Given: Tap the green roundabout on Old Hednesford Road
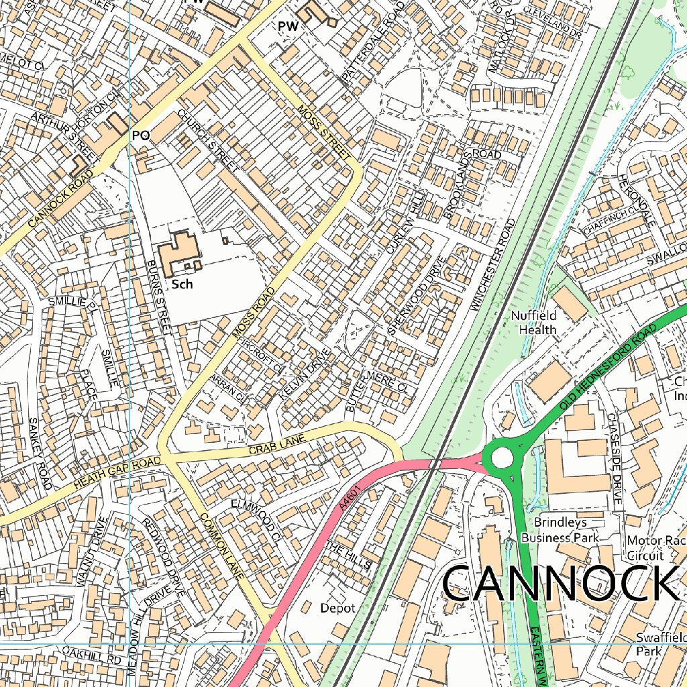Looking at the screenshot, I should coord(503,458).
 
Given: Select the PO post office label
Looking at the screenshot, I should coord(140,136).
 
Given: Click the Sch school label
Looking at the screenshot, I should coord(182,284).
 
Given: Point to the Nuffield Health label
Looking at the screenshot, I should coord(534,323).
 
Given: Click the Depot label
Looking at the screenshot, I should coord(337,608).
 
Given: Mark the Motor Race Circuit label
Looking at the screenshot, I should coord(645,548).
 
